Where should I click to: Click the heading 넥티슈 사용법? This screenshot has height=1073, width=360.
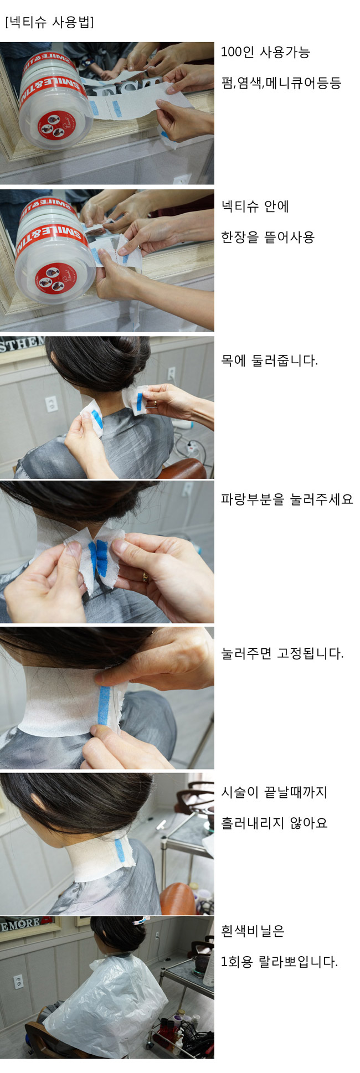pyautogui.click(x=49, y=22)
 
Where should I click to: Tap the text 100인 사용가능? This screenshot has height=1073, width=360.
pyautogui.click(x=265, y=52)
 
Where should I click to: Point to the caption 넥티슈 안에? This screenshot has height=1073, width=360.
pyautogui.click(x=255, y=207)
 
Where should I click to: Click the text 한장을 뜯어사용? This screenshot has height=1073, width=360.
pyautogui.click(x=268, y=238)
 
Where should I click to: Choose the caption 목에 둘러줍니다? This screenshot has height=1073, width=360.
pyautogui.click(x=269, y=361)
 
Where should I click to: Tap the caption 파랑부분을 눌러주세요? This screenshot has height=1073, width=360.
pyautogui.click(x=287, y=499)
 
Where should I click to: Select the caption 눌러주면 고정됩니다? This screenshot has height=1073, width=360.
pyautogui.click(x=282, y=653)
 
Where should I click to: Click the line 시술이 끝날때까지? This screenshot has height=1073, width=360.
pyautogui.click(x=274, y=792)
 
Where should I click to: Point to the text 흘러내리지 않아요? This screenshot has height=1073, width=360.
pyautogui.click(x=274, y=823)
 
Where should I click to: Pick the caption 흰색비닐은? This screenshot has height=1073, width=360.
pyautogui.click(x=253, y=931)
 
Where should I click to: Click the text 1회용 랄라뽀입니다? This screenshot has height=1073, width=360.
pyautogui.click(x=279, y=962)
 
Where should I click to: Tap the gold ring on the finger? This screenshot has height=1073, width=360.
pyautogui.click(x=145, y=577)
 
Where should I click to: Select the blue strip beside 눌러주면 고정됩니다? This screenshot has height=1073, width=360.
pyautogui.click(x=104, y=705)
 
